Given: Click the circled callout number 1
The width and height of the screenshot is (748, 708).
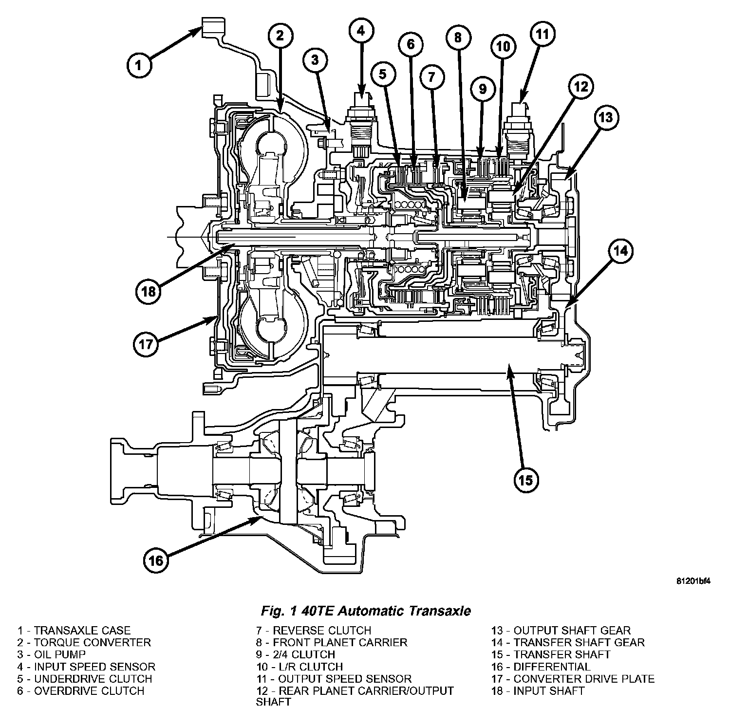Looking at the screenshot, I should [139, 65].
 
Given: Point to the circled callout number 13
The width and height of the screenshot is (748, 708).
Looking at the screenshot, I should [605, 117].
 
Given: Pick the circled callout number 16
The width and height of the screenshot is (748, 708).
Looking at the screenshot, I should [155, 560].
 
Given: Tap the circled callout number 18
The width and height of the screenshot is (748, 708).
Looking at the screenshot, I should [148, 291].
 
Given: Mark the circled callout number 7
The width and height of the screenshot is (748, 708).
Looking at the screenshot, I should [432, 76].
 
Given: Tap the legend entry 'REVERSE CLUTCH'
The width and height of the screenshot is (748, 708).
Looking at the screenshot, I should [314, 631].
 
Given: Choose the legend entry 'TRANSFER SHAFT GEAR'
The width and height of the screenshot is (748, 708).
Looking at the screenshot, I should [567, 643].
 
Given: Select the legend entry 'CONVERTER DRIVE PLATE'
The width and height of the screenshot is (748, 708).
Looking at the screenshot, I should [572, 679].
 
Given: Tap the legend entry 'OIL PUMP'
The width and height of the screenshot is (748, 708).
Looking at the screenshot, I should [52, 655].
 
